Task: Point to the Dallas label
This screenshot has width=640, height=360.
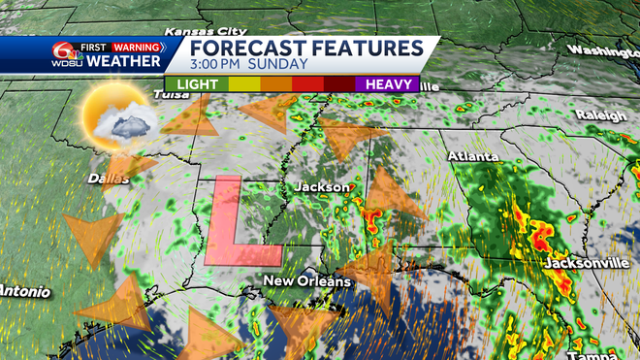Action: tap(109, 179)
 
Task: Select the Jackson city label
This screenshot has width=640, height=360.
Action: tap(321, 186)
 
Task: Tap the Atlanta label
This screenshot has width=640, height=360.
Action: tap(473, 156)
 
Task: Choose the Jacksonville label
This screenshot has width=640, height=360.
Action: tap(582, 263)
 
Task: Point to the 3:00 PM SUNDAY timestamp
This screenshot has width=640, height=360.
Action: tap(250, 64)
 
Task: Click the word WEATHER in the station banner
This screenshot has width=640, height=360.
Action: tap(125, 62)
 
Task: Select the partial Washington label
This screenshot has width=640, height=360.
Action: tap(603, 50)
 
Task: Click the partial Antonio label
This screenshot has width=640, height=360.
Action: tap(21, 290)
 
